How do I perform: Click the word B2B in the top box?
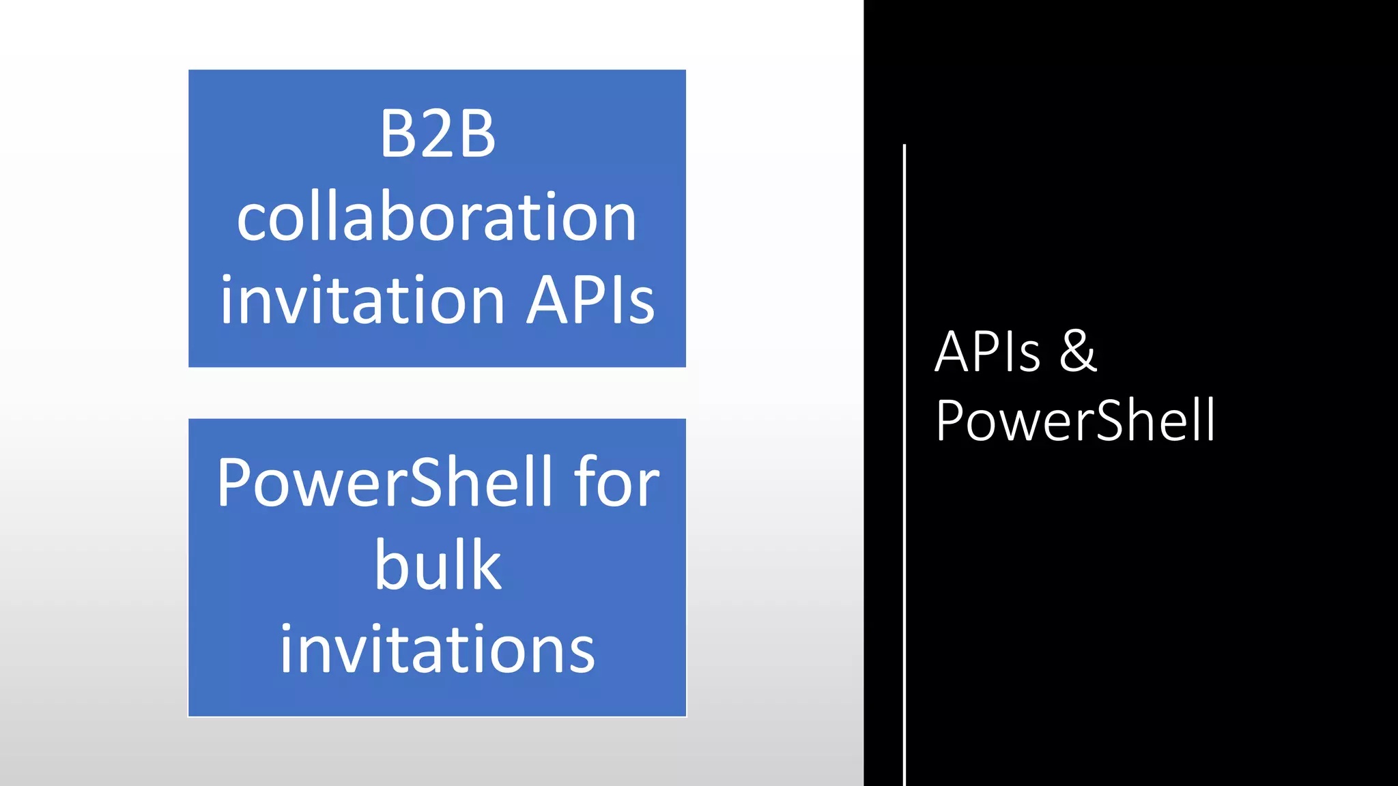click(438, 134)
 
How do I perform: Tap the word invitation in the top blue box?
click(362, 300)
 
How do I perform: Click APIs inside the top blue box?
click(590, 300)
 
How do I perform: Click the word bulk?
click(438, 566)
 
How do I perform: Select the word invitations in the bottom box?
click(438, 649)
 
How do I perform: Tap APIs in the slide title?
click(987, 352)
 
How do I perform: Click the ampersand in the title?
click(1078, 352)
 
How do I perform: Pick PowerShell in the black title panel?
click(1075, 421)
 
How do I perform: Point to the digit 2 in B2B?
click(438, 134)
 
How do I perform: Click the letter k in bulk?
click(485, 566)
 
